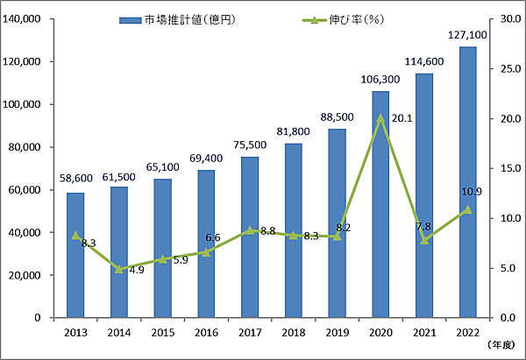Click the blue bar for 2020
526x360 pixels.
[x=380, y=204]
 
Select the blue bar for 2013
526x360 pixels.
[x=75, y=255]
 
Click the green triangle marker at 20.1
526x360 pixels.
[x=380, y=118]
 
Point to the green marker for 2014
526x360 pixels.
[x=119, y=269]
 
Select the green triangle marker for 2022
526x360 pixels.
[x=467, y=209]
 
